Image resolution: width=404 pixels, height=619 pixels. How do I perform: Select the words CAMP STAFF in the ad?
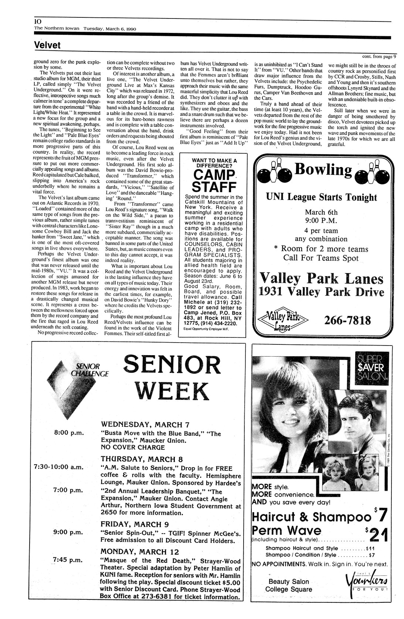(x=215, y=180)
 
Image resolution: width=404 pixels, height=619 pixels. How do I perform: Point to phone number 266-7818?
(x=347, y=320)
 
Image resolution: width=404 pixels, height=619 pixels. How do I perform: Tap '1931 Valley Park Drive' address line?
(x=321, y=292)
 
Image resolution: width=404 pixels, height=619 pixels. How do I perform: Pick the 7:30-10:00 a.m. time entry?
(x=58, y=467)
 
